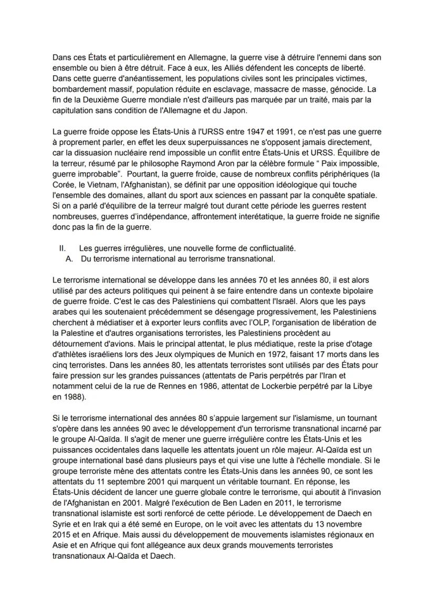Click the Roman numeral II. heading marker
(x=63, y=247)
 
